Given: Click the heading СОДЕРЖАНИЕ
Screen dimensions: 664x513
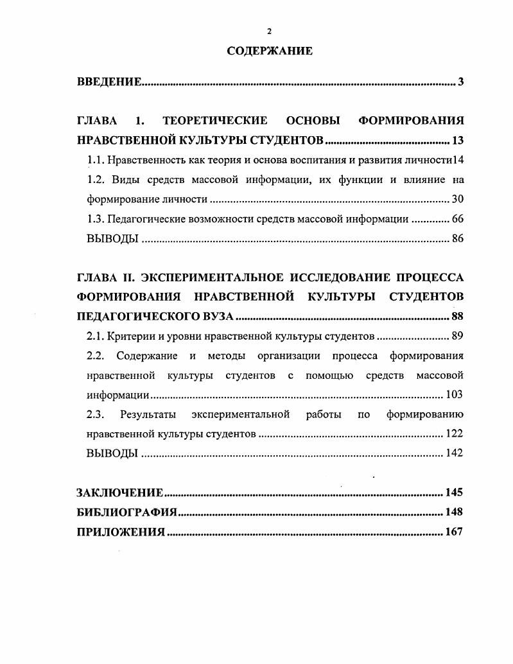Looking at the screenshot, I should coord(270,51).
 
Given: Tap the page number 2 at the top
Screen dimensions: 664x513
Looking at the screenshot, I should coord(270,31).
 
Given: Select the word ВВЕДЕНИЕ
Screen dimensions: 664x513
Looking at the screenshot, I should coord(109,82).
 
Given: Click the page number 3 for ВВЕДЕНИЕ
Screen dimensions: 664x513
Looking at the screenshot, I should coord(461,82).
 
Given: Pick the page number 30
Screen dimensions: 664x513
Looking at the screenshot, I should coord(457,199).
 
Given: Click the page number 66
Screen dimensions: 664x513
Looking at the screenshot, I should coord(457,219).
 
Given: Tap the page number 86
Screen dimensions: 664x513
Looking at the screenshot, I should coord(457,239).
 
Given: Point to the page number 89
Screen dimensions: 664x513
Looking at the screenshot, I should coord(457,336).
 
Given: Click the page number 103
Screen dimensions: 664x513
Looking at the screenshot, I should coord(454,394).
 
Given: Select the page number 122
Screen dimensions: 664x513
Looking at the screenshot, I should coord(454,433).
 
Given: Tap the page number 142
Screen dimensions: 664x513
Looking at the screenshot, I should coord(454,453).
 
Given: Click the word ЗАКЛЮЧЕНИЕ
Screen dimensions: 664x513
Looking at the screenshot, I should coord(120,493).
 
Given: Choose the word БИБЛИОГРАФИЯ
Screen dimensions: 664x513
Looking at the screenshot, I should coord(126,512).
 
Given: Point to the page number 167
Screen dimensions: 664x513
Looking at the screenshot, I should coord(454,532).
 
